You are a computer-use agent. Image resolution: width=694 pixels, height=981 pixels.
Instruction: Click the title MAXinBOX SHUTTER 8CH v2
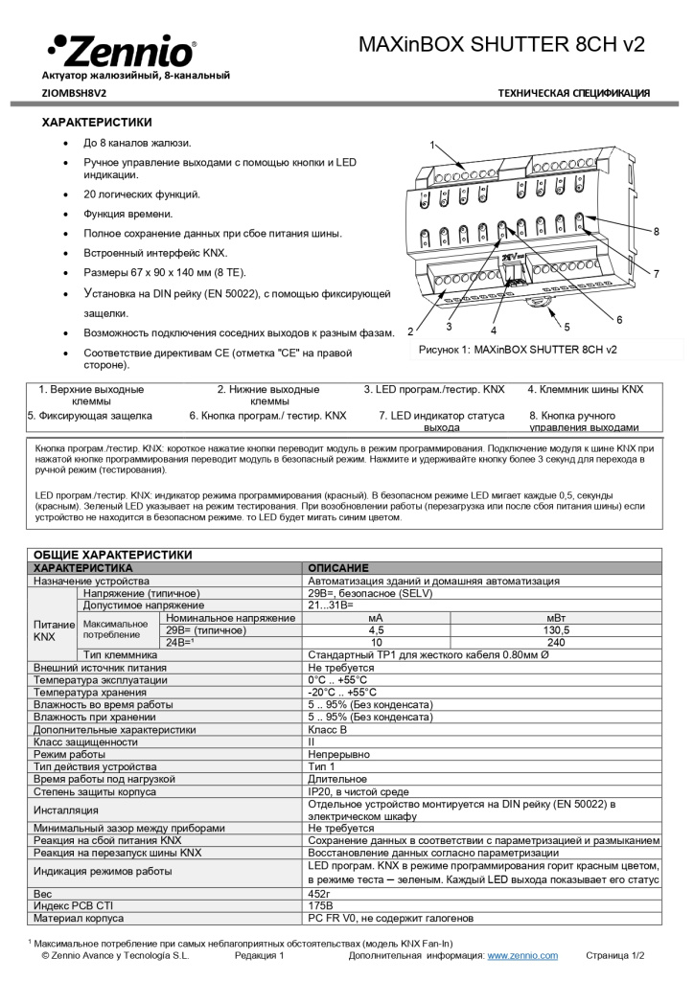tap(501, 45)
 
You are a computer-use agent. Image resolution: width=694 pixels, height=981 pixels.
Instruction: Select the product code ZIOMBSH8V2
tap(75, 93)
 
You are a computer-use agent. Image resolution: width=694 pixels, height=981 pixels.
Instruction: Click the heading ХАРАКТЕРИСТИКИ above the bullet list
tap(96, 123)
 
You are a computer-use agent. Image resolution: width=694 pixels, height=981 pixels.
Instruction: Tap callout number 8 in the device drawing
tap(656, 232)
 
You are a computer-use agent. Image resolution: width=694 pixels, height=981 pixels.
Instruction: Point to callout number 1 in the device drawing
tap(432, 146)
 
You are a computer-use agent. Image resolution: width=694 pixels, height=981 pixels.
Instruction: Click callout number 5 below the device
tap(567, 326)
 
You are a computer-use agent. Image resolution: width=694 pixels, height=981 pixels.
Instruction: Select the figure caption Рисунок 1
tap(518, 350)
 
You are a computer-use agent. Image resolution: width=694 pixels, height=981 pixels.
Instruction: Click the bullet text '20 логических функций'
tap(142, 194)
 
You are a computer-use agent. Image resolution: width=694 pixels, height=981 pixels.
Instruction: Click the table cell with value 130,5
tap(557, 630)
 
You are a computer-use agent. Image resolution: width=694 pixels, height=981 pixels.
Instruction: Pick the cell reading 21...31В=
tap(332, 605)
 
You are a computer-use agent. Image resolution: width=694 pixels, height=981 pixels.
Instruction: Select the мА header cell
tap(376, 618)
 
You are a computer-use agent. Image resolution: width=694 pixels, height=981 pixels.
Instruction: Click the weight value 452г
tap(320, 893)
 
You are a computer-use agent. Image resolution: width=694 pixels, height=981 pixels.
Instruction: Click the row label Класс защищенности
tap(85, 741)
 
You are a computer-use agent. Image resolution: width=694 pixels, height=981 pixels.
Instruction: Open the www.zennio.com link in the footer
tap(522, 955)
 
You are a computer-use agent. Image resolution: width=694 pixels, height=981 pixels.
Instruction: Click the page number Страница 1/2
tap(615, 955)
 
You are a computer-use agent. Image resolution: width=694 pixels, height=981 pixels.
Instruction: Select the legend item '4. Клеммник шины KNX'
tap(586, 390)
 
